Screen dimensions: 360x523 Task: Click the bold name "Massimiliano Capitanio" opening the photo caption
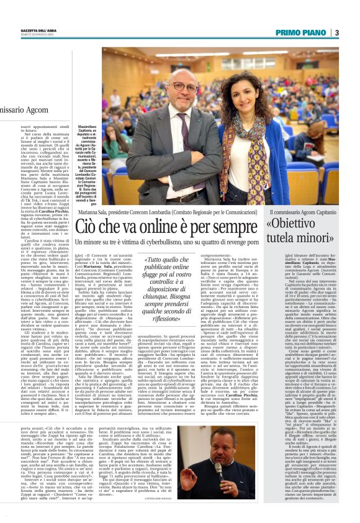(x=91, y=129)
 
